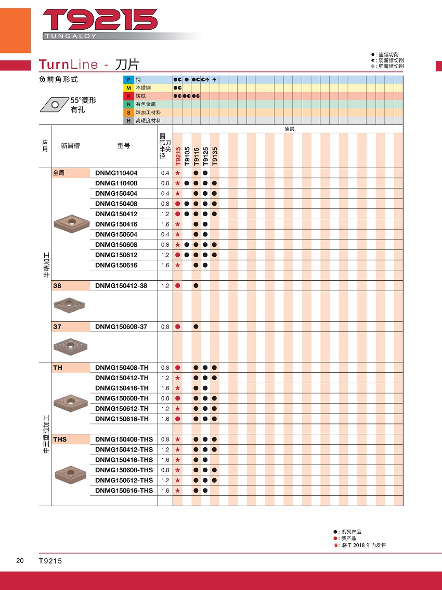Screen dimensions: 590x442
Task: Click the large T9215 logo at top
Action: pyautogui.click(x=100, y=20)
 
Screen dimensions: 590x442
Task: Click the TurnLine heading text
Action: pyautogui.click(x=68, y=65)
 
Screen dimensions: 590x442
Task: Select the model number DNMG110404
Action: pyautogui.click(x=116, y=173)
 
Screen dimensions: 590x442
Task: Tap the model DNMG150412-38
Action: pyautogui.click(x=121, y=286)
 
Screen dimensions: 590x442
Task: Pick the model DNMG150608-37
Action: pyautogui.click(x=121, y=327)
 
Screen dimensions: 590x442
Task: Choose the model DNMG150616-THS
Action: pyautogui.click(x=124, y=491)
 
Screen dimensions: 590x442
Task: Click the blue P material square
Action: pyautogui.click(x=128, y=79)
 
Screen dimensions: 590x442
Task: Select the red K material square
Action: pyautogui.click(x=128, y=96)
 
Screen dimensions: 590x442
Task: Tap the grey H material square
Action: pyautogui.click(x=128, y=121)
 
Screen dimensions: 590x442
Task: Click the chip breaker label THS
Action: pyautogui.click(x=60, y=440)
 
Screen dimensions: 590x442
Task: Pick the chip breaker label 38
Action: pyautogui.click(x=57, y=286)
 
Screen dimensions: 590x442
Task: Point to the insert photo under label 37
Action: pyautogui.click(x=71, y=345)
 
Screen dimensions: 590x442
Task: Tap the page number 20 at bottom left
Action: pyautogui.click(x=20, y=561)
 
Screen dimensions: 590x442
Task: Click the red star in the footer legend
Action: pyautogui.click(x=335, y=545)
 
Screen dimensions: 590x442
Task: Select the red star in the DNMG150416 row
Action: pyautogui.click(x=178, y=224)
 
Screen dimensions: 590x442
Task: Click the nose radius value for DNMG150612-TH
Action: pyautogui.click(x=165, y=409)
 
